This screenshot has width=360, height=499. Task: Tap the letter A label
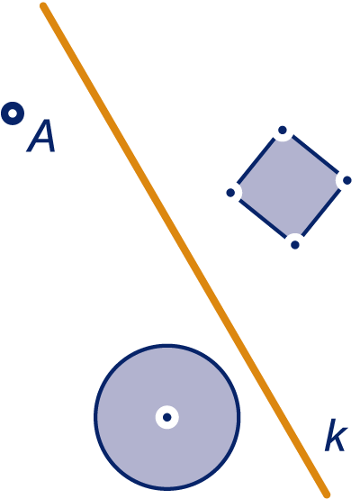coord(41,136)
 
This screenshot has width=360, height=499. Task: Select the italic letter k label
coord(336,435)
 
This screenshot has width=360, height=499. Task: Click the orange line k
coord(184,249)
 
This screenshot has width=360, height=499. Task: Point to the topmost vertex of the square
coord(283,130)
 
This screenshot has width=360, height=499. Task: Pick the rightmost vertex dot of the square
coord(347,180)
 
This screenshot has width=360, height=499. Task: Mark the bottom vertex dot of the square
coord(295,245)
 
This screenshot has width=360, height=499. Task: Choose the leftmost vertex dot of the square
coord(230,193)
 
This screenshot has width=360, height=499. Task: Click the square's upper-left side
coord(256,161)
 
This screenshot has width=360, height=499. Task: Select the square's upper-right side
coord(315,155)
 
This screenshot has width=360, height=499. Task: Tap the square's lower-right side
coord(321,213)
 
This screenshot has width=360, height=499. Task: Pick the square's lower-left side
coord(263,219)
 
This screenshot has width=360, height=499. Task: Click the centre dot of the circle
coord(167,417)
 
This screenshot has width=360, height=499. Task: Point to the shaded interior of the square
coord(289,187)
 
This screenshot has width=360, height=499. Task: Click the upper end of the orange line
coord(43,5)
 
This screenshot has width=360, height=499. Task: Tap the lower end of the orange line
coord(327,494)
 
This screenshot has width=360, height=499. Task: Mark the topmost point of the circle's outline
coord(167,345)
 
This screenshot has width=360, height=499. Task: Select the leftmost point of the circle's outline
coord(95,417)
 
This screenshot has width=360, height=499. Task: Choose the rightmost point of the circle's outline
coord(238,417)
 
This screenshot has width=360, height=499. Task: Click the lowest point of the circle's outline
coord(167,488)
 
